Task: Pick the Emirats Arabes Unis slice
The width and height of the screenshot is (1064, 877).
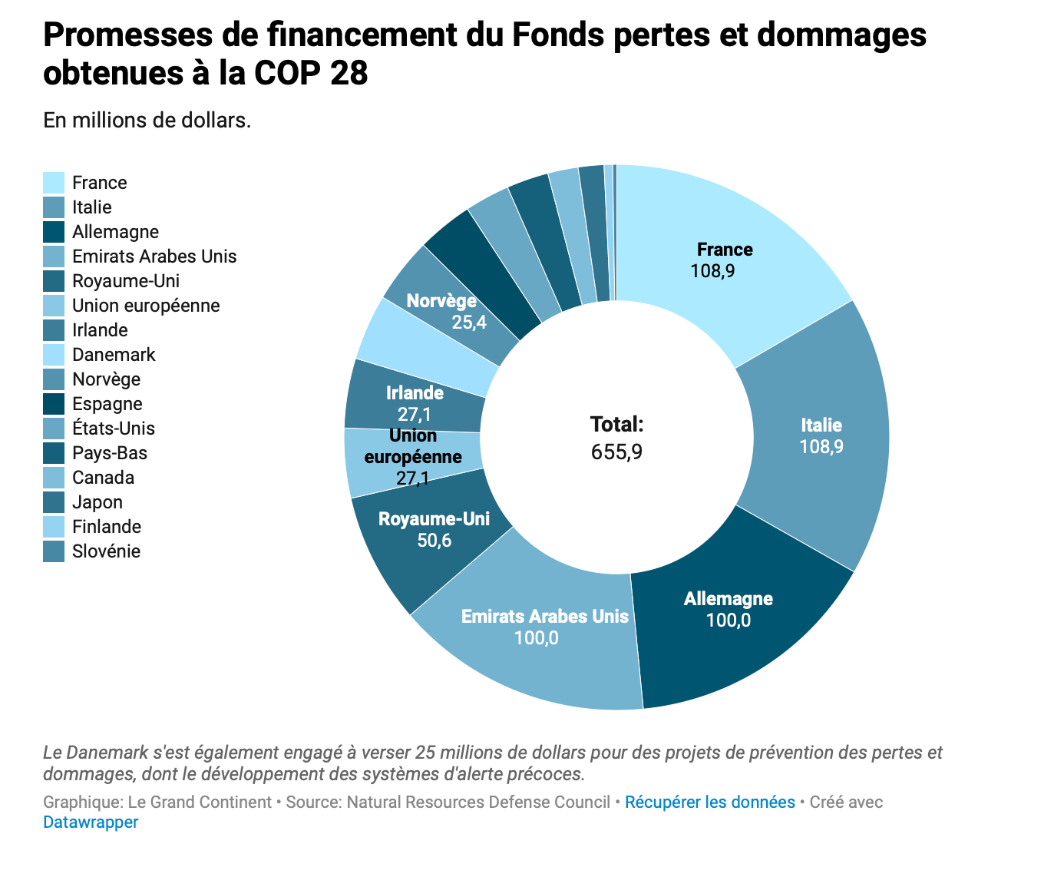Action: click(544, 627)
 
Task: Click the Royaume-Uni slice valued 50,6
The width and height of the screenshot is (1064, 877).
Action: click(434, 530)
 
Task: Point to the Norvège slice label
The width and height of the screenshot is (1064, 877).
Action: click(441, 301)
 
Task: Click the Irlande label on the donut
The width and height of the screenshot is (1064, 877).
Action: click(415, 393)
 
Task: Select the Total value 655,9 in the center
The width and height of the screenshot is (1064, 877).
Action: click(616, 452)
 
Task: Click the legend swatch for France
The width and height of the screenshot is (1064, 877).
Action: click(54, 183)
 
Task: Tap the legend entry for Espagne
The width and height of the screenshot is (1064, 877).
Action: click(107, 404)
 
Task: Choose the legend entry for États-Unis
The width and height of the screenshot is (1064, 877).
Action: click(113, 429)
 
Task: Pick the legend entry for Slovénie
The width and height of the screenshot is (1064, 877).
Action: click(106, 551)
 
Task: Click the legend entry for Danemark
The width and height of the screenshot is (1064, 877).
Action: click(114, 355)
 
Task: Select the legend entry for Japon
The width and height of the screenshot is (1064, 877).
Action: click(97, 502)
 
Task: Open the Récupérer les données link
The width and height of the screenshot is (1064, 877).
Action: click(709, 803)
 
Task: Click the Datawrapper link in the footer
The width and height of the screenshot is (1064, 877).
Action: click(91, 822)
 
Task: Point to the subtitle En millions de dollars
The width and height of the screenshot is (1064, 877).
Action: click(147, 121)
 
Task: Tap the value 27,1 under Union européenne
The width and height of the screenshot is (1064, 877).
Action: click(412, 479)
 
